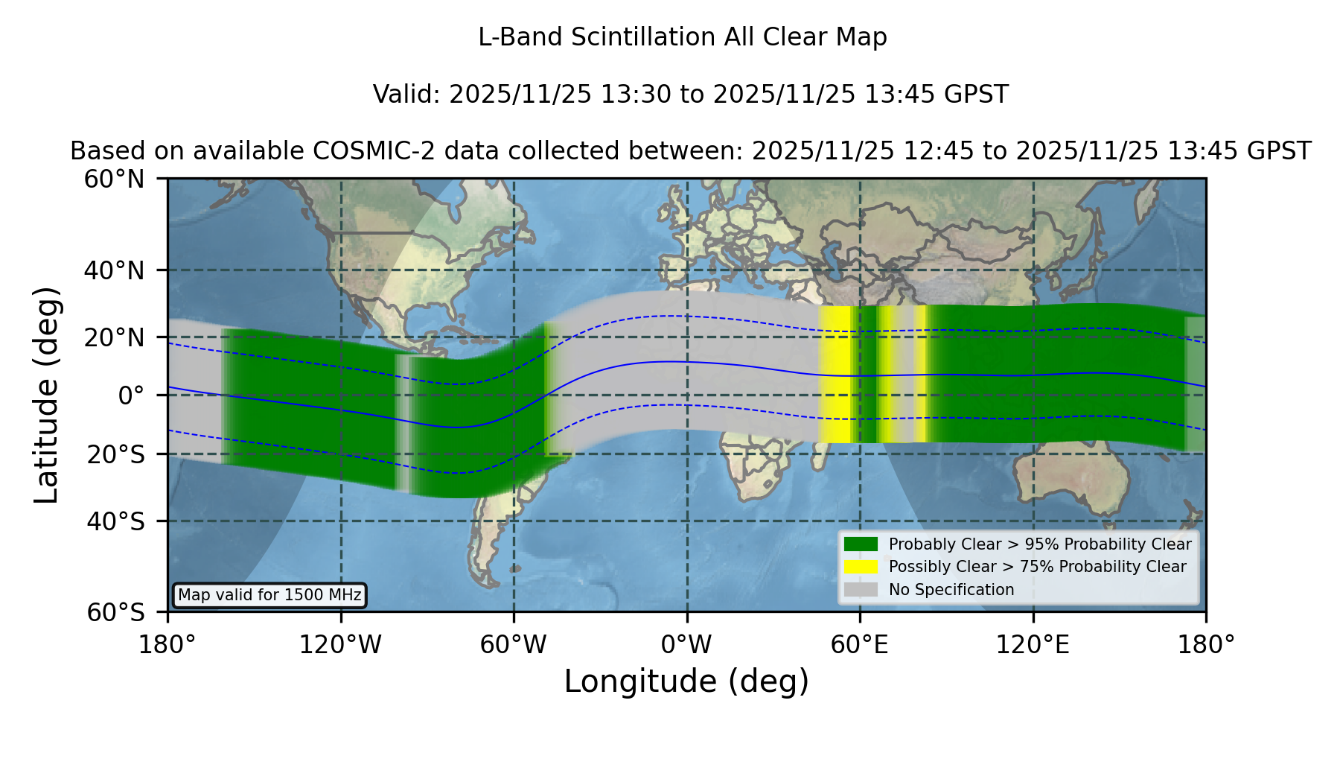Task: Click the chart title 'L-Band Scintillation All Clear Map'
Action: pyautogui.click(x=682, y=36)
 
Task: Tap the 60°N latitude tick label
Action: pyautogui.click(x=114, y=179)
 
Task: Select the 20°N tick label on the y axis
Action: pyautogui.click(x=114, y=337)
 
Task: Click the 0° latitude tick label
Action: pyautogui.click(x=131, y=395)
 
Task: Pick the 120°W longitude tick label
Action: pyautogui.click(x=340, y=644)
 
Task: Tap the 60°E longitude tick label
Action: pyautogui.click(x=860, y=644)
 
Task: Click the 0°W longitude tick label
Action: pyautogui.click(x=686, y=644)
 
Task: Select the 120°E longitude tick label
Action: pyautogui.click(x=1033, y=644)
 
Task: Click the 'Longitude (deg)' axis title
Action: pyautogui.click(x=686, y=681)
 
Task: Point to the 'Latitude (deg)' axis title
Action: pyautogui.click(x=46, y=395)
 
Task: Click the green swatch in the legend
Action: pyautogui.click(x=861, y=544)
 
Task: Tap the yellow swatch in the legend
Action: pyautogui.click(x=861, y=566)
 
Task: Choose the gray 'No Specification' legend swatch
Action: pyautogui.click(x=861, y=589)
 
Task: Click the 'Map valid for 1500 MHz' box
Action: pyautogui.click(x=269, y=595)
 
